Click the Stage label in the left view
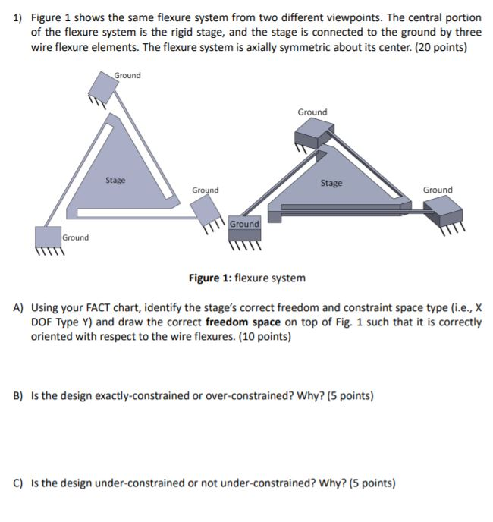[x=115, y=181]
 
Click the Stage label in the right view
[x=331, y=183]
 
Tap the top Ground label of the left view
[x=127, y=75]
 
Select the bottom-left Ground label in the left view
[x=75, y=237]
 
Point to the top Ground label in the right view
[x=312, y=112]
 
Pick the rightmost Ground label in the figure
[x=437, y=190]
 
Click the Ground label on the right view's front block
[x=244, y=224]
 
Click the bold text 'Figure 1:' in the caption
[x=209, y=278]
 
